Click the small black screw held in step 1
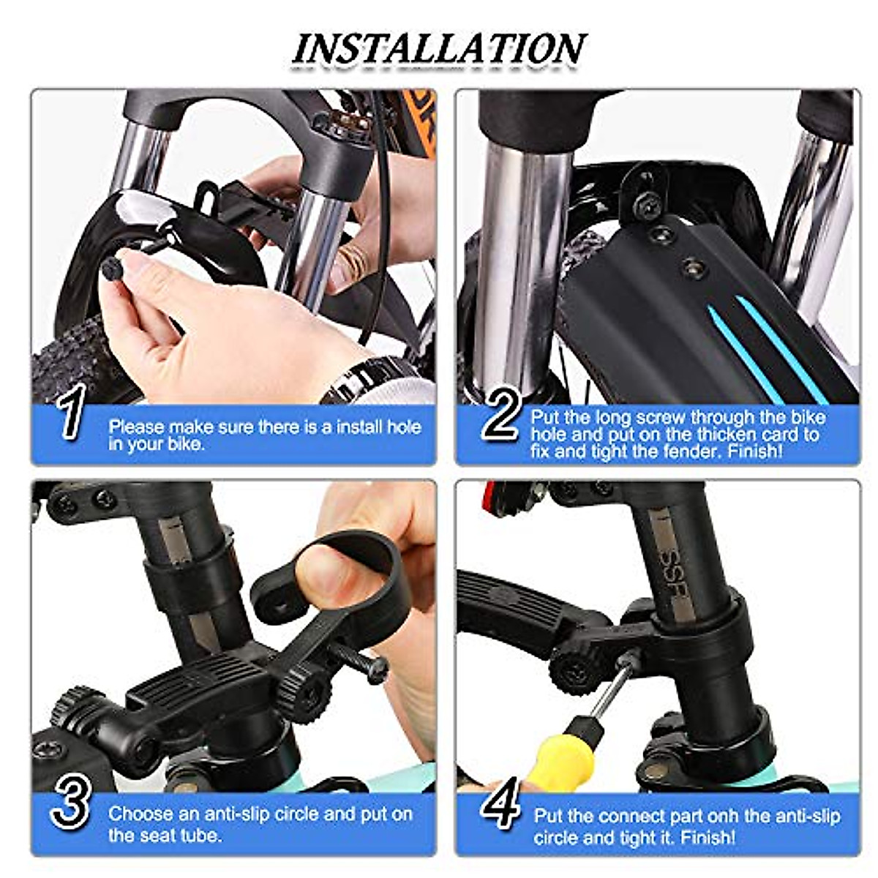(115, 268)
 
